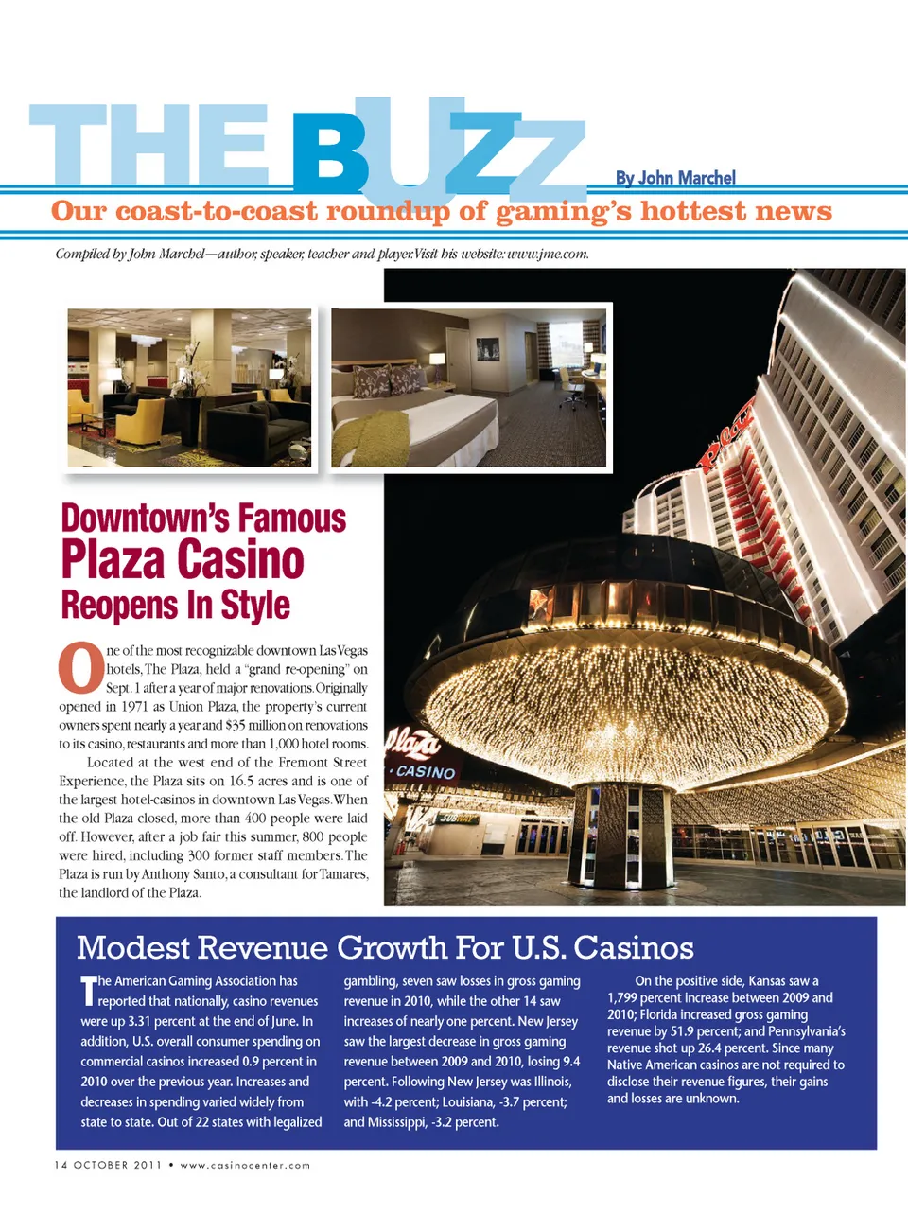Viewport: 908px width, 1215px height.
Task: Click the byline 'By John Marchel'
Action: point(674,178)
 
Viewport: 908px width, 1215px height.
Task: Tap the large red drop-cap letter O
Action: point(80,668)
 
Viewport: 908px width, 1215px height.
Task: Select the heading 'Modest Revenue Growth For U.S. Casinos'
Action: point(385,947)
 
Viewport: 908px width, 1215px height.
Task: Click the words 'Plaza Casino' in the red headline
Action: point(183,560)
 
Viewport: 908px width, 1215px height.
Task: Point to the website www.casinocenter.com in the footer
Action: point(245,1165)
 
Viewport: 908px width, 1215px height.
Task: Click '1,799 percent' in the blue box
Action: point(653,997)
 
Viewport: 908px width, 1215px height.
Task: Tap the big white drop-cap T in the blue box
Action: point(87,990)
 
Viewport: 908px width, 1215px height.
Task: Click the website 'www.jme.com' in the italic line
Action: point(549,254)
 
